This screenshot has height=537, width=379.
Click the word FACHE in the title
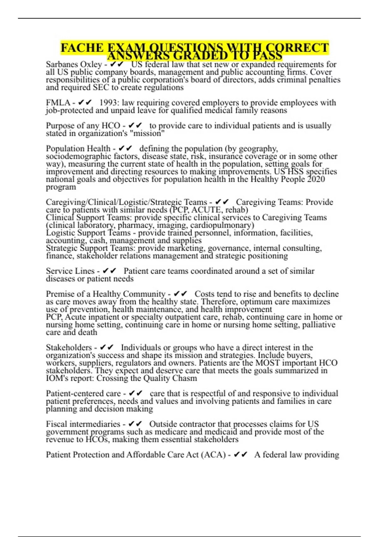82,48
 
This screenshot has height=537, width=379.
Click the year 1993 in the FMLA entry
108,103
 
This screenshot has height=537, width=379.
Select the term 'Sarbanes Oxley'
74,64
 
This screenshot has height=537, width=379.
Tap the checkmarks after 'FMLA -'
85,103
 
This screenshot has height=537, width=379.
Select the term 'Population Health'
78,148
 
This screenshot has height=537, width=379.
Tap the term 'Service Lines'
70,271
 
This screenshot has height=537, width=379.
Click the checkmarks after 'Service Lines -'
110,271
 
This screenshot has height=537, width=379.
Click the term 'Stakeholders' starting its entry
69,347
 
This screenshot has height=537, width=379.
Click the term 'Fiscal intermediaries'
83,424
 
